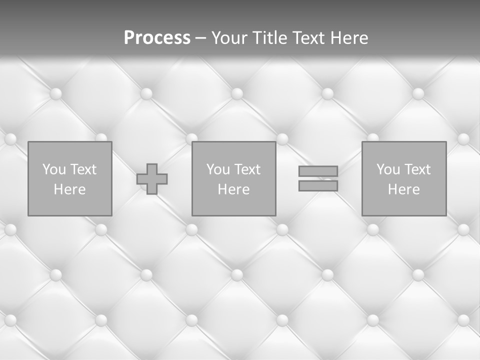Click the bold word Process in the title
157,38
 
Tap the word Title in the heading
270,38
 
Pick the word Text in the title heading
306,38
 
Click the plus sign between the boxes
152,179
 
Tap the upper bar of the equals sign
318,171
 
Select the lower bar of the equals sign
318,186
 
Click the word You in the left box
54,169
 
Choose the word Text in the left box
83,169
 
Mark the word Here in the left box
69,189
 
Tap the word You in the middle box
218,169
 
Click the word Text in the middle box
247,169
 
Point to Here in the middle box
233,189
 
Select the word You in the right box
388,169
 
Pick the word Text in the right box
417,169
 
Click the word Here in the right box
403,189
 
